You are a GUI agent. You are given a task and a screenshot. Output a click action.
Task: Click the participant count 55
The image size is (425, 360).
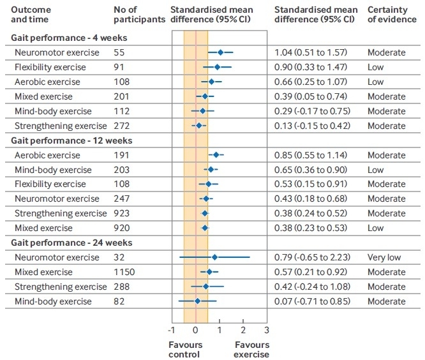point(118,52)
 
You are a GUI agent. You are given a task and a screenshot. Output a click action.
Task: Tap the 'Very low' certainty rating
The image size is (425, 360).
point(384,257)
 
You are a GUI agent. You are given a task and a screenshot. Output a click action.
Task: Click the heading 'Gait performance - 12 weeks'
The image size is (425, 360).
point(71,140)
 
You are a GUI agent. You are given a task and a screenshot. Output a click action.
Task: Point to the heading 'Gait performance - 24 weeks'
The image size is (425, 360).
point(71,243)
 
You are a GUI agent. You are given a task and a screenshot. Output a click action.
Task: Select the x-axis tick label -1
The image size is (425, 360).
point(171,331)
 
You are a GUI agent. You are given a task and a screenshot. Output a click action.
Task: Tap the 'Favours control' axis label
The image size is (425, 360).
point(185,349)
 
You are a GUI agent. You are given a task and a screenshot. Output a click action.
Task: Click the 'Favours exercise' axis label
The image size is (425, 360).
point(251,349)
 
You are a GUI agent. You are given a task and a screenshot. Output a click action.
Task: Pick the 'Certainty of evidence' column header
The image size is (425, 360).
point(392,15)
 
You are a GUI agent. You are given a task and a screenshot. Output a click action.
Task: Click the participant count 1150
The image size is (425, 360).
point(124,272)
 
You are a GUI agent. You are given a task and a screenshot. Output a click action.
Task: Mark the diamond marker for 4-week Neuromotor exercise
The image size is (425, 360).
point(220,52)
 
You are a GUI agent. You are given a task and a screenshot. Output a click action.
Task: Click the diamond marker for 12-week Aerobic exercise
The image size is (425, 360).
point(216,155)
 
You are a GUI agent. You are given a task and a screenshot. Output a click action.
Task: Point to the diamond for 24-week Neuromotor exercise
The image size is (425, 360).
point(214,257)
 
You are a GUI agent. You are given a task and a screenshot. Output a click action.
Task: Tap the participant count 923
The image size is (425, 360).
point(121,213)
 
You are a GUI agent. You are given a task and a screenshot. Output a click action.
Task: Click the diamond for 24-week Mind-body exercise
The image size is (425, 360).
point(197,301)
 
